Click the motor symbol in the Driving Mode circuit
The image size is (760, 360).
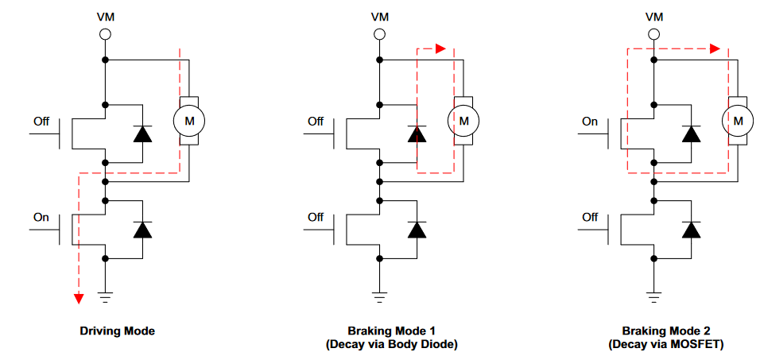point(189,121)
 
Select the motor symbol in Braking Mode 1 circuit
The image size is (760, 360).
point(464,121)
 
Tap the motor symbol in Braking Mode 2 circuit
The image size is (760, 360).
point(738,121)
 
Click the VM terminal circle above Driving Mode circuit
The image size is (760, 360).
point(105,34)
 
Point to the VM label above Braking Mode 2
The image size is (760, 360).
point(653,16)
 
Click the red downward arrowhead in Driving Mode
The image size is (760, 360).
point(78,298)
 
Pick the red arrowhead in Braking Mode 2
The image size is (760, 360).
point(715,48)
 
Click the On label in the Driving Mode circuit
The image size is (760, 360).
point(41,217)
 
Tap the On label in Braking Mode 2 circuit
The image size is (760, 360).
point(590,122)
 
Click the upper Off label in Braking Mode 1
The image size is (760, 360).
point(316,122)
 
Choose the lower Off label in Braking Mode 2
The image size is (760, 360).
point(590,217)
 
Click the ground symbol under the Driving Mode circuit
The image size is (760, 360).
point(105,298)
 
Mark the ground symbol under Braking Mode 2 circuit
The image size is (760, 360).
point(653,298)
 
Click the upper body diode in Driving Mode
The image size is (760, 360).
point(142,134)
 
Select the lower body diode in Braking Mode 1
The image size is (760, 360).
point(417,230)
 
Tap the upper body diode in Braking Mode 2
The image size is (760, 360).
point(691,134)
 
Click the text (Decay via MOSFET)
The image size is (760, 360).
point(666,345)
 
